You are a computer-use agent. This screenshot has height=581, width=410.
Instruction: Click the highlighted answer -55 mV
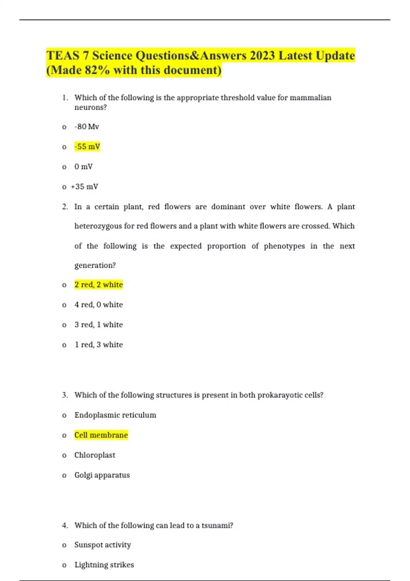pyautogui.click(x=87, y=147)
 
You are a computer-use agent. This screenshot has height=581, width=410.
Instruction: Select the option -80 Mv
pyautogui.click(x=87, y=127)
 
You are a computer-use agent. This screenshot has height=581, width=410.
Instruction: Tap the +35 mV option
pyautogui.click(x=84, y=187)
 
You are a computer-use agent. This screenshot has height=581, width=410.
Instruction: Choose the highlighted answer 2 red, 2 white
pyautogui.click(x=98, y=285)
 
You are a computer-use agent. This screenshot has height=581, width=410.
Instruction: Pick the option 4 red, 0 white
pyautogui.click(x=98, y=305)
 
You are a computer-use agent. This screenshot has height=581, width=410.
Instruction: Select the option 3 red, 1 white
pyautogui.click(x=98, y=325)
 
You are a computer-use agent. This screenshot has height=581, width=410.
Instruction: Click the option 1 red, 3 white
pyautogui.click(x=98, y=344)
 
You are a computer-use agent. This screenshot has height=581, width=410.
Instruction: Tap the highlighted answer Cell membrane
pyautogui.click(x=101, y=435)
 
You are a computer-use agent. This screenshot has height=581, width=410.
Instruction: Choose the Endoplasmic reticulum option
pyautogui.click(x=115, y=415)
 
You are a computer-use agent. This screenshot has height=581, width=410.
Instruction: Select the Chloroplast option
pyautogui.click(x=95, y=455)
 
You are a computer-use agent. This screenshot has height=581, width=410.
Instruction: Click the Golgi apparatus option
pyautogui.click(x=102, y=475)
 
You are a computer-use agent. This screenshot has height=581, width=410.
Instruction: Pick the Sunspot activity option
pyautogui.click(x=102, y=545)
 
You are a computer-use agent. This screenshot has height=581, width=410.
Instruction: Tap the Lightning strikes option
pyautogui.click(x=104, y=565)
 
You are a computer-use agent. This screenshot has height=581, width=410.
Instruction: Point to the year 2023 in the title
pyautogui.click(x=262, y=55)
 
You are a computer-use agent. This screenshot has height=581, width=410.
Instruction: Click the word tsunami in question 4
pyautogui.click(x=216, y=525)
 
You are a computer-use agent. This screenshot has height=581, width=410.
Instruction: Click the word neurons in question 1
pyautogui.click(x=90, y=107)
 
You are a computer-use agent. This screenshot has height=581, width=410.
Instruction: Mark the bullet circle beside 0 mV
pyautogui.click(x=64, y=167)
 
